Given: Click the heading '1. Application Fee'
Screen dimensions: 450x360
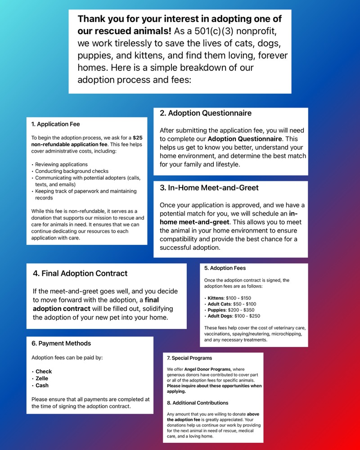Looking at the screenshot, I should pos(55,124).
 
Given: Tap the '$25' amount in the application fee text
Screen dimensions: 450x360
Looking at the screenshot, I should pos(138,138).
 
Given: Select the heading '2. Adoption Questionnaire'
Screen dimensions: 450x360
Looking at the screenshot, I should pos(206,113).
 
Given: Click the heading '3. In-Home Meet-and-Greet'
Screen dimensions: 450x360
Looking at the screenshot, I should pos(209,188).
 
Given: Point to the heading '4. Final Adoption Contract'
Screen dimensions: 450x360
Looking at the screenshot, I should pos(80,273).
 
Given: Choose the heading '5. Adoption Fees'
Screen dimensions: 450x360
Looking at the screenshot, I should pos(225,268).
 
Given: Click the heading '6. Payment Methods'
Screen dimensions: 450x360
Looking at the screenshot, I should pos(61,344).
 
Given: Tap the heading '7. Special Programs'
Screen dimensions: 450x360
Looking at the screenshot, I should pos(189,358).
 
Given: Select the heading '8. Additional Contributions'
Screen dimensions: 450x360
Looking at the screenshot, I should pos(198,403).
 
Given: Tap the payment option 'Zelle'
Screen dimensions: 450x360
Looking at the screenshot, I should pos(42,378).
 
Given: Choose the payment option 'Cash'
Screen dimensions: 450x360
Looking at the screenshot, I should pos(42,386).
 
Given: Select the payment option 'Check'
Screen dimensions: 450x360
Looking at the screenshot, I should pos(44,372).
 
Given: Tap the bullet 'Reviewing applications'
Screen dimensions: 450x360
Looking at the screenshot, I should pos(61,164).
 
